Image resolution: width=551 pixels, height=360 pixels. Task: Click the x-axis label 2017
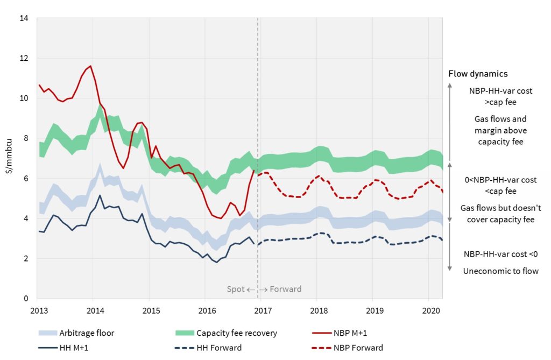click(262, 310)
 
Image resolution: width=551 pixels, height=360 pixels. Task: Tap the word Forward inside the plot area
click(285, 290)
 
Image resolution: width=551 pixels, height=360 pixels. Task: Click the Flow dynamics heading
click(478, 74)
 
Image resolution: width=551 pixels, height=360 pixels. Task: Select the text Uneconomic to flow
click(500, 271)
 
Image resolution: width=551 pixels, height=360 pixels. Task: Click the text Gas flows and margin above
click(500, 124)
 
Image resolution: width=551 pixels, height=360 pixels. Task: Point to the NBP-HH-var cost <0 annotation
click(500, 254)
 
